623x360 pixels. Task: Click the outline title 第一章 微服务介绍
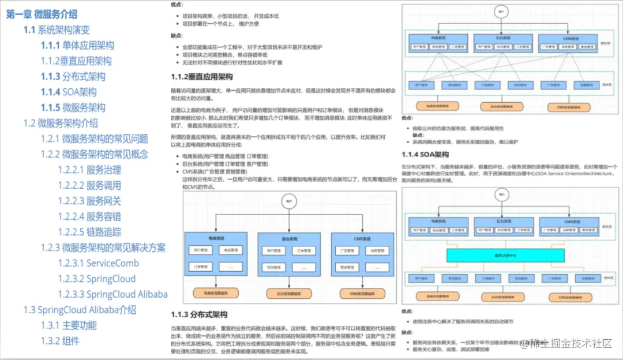coord(42,14)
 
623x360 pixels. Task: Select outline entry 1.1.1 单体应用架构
coord(77,46)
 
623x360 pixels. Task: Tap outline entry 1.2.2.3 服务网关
coord(89,201)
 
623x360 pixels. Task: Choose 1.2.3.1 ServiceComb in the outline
coord(98,263)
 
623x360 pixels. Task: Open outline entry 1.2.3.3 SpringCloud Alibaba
coord(112,294)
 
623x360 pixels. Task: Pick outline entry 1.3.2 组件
coord(60,340)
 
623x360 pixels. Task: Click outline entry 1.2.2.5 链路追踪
coord(89,232)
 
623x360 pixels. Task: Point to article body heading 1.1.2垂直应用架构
coord(202,77)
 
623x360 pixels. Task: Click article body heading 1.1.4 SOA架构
coord(425,155)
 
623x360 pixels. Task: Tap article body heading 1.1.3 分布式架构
coord(200,314)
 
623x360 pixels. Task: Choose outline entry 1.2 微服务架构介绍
coord(61,123)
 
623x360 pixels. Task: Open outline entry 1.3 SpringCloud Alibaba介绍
coord(80,310)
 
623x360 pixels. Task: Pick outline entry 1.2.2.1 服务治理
coord(89,170)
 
